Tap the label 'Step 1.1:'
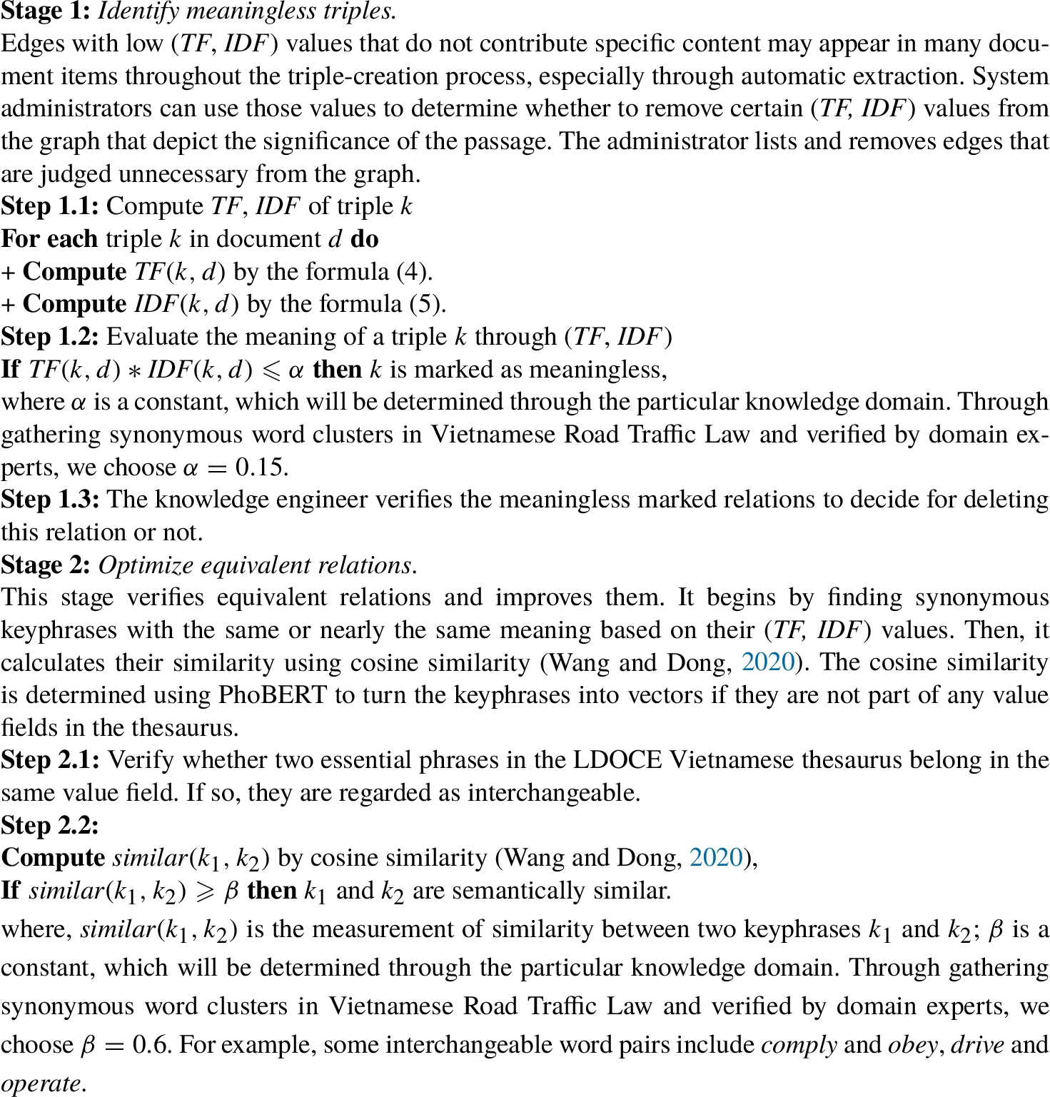coord(49,206)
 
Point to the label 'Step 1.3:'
coord(49,499)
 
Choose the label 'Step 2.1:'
coord(49,759)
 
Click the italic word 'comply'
coord(799,1045)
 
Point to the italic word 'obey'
coord(913,1045)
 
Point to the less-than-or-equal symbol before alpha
coord(271,370)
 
